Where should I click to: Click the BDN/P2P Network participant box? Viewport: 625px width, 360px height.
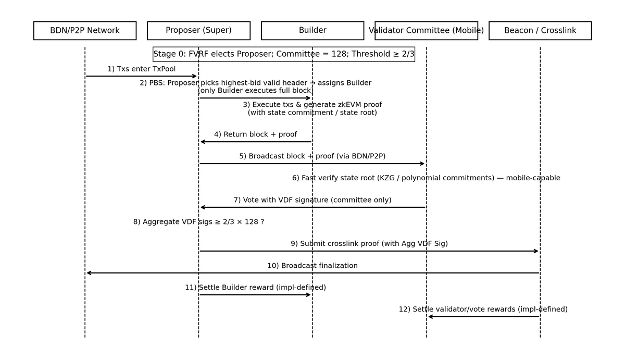click(85, 31)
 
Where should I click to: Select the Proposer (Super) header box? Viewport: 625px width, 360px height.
click(198, 31)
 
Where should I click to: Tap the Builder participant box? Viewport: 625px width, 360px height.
click(312, 31)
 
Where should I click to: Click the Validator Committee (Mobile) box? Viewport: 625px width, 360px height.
click(426, 31)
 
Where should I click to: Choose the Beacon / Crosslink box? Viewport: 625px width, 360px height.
click(540, 31)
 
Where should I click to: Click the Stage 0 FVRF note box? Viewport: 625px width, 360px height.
click(284, 54)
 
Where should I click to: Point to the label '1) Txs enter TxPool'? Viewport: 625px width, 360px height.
click(142, 69)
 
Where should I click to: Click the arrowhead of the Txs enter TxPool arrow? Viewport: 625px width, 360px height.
click(195, 76)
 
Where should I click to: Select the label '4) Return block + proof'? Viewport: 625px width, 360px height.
click(255, 134)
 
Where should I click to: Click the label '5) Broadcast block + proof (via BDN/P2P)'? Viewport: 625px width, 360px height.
click(312, 156)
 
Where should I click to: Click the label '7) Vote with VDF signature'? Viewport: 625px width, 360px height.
click(312, 200)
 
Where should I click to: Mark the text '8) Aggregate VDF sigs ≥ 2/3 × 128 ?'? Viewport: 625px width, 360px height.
click(198, 222)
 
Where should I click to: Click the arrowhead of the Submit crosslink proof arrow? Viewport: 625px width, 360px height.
click(536, 251)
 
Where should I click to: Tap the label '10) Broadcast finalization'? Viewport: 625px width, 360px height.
click(312, 266)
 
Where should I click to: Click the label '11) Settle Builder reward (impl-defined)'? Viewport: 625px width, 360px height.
click(255, 288)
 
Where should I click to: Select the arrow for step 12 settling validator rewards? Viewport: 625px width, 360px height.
click(483, 317)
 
